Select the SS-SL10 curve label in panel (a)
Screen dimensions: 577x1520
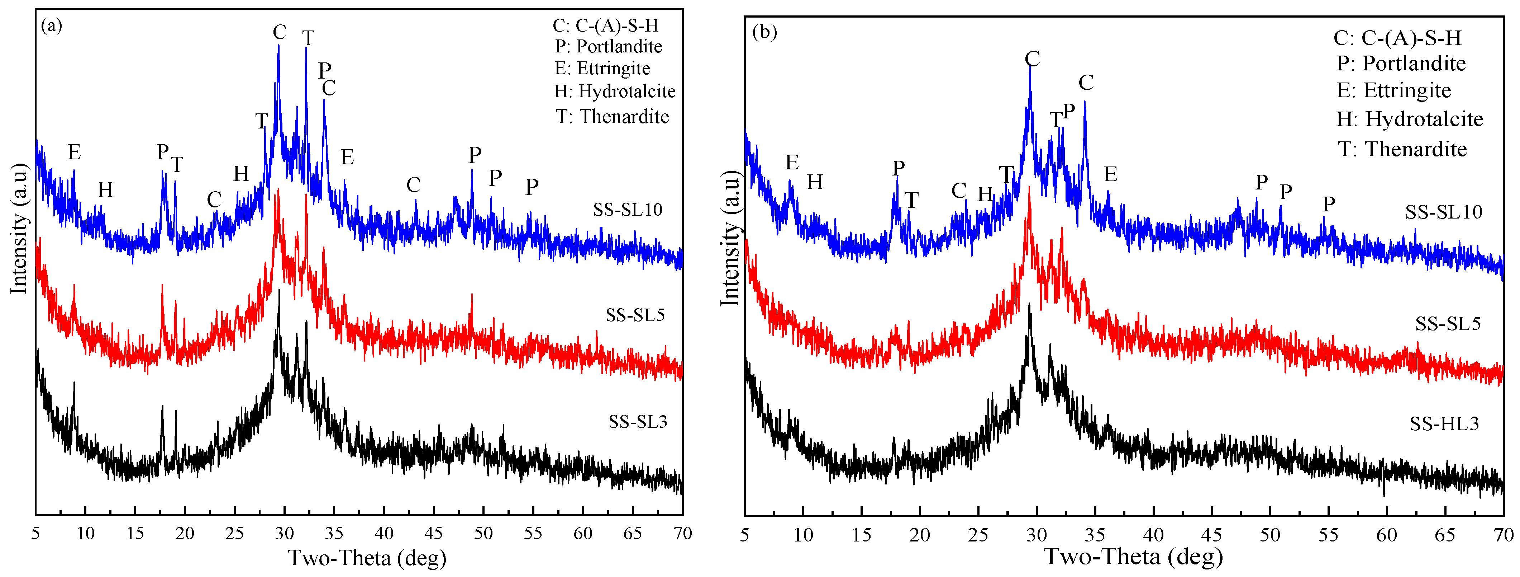tap(628, 210)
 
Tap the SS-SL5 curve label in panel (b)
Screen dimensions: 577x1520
tap(1448, 324)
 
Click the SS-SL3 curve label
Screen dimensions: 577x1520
tap(638, 422)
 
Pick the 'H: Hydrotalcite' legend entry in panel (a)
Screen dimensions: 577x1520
tap(615, 92)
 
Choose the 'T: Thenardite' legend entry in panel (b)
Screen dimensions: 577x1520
tap(1402, 149)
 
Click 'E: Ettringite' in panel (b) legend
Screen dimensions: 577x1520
tap(1394, 90)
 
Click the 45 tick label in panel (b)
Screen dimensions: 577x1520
tap(1211, 535)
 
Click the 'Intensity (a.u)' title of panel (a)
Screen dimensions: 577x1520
tap(19, 229)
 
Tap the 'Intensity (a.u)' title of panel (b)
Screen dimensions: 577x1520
tap(730, 238)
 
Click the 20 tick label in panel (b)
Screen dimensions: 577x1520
tap(919, 535)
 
